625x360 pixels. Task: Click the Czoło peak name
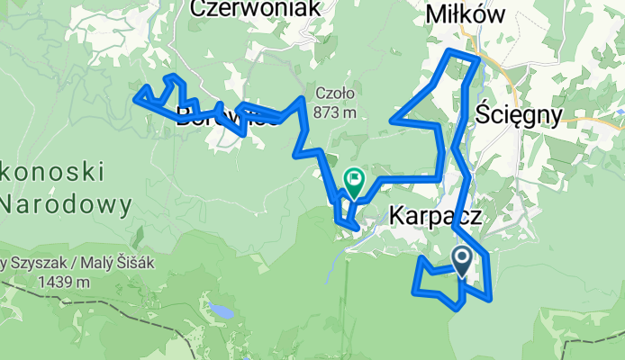coord(336,93)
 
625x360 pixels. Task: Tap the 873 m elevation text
coord(337,112)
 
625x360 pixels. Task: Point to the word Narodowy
coord(65,204)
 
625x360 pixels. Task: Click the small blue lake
coord(219,311)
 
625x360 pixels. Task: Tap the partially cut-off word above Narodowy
coord(54,171)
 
